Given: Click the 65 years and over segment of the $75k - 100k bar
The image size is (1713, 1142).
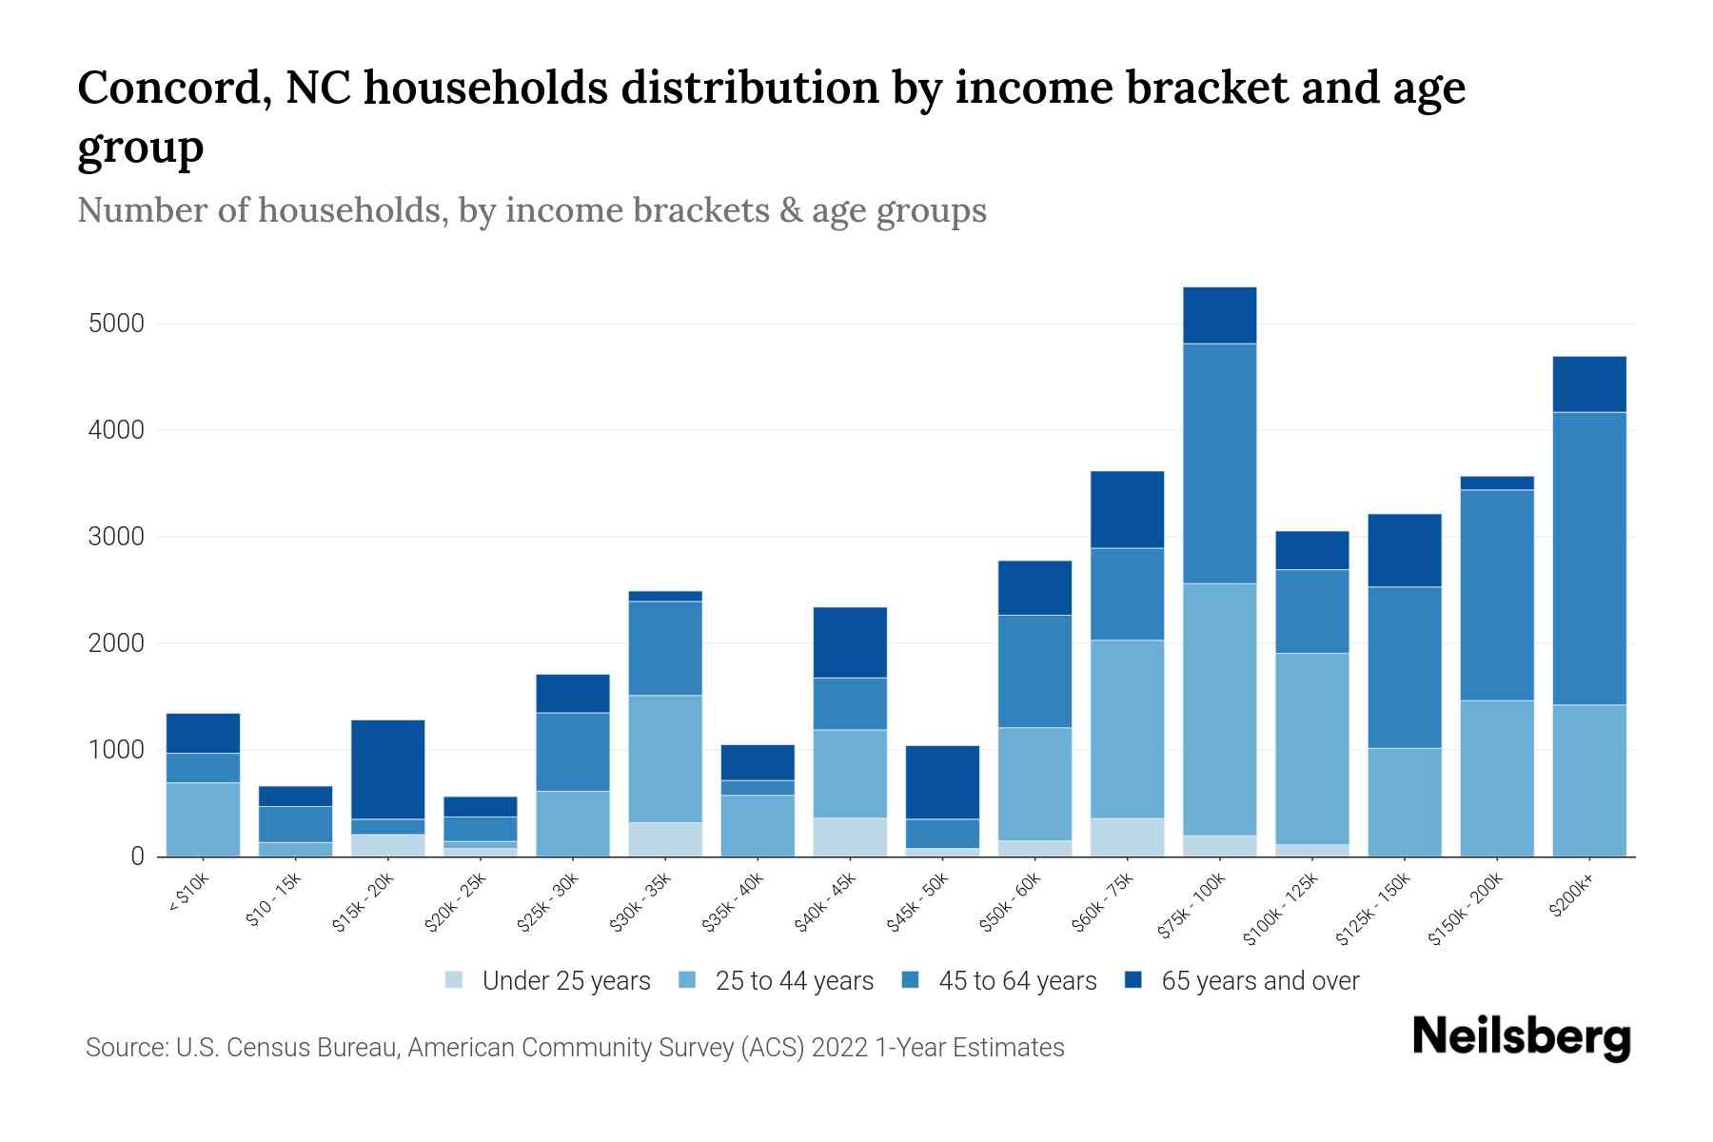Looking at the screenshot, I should click(x=1219, y=315).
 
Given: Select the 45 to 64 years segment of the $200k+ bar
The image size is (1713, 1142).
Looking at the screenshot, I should click(x=1588, y=558).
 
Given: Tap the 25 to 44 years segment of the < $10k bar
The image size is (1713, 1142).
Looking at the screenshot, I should click(x=203, y=819).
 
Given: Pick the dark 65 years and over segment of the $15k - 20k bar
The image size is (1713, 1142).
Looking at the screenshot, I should click(x=387, y=769).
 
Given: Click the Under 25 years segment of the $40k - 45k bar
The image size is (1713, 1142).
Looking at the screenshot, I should click(x=850, y=837).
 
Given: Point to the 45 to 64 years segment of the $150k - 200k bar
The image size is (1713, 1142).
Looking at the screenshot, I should click(x=1496, y=595).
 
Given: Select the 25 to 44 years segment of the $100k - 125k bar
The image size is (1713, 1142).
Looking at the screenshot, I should click(x=1311, y=748).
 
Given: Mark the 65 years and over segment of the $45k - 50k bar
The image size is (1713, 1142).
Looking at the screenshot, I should click(x=942, y=782).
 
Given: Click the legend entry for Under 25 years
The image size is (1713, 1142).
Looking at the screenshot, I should click(x=548, y=981).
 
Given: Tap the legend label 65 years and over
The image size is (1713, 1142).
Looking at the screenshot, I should click(x=1260, y=981).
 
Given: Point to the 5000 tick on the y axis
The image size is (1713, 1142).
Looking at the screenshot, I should click(x=116, y=324).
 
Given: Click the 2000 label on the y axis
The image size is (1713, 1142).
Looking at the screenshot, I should click(x=116, y=643).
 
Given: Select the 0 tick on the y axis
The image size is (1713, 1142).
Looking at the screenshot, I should click(x=137, y=856).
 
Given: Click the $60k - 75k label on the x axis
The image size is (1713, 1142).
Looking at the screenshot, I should click(x=1104, y=901).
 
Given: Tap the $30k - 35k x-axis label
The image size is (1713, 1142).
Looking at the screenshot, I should click(x=642, y=901).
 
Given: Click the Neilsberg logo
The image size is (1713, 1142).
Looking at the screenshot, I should click(x=1521, y=1037).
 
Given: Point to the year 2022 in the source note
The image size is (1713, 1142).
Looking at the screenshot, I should click(x=840, y=1048).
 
